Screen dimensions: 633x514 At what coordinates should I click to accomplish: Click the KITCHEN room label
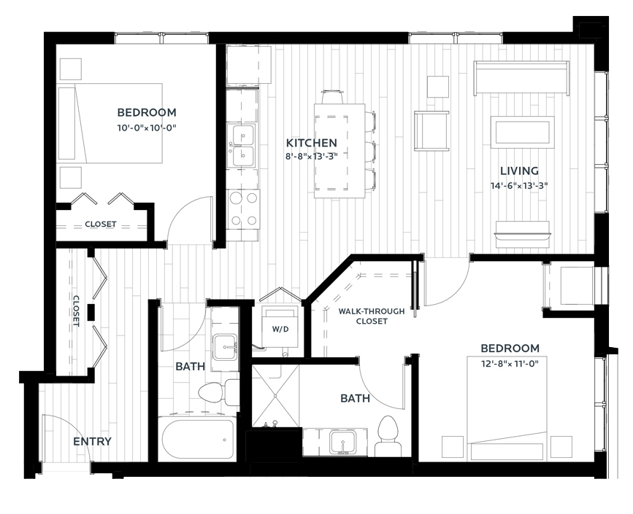(x=311, y=143)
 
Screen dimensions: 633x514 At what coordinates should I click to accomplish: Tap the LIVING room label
(x=519, y=171)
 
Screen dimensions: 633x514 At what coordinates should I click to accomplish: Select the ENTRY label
(x=92, y=441)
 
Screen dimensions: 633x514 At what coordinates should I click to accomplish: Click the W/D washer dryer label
(x=280, y=330)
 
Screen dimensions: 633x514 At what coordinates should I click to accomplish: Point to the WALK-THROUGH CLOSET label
(x=372, y=316)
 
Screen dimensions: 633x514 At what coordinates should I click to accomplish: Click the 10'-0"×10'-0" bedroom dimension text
(x=147, y=128)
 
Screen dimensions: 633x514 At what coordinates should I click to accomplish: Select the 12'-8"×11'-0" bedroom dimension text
(x=510, y=364)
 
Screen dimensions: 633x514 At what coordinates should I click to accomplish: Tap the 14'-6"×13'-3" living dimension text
(x=519, y=186)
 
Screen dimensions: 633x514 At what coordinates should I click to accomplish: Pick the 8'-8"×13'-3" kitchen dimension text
(x=311, y=157)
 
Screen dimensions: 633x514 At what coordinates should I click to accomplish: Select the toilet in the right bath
(x=388, y=437)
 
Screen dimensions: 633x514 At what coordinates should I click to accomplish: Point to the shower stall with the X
(x=275, y=395)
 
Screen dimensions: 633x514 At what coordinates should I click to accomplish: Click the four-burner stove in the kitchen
(x=242, y=210)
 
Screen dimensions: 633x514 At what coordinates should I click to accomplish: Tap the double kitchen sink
(x=241, y=145)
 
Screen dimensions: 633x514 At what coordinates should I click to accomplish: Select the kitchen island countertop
(x=340, y=151)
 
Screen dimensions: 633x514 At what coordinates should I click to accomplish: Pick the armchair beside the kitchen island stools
(x=431, y=131)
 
